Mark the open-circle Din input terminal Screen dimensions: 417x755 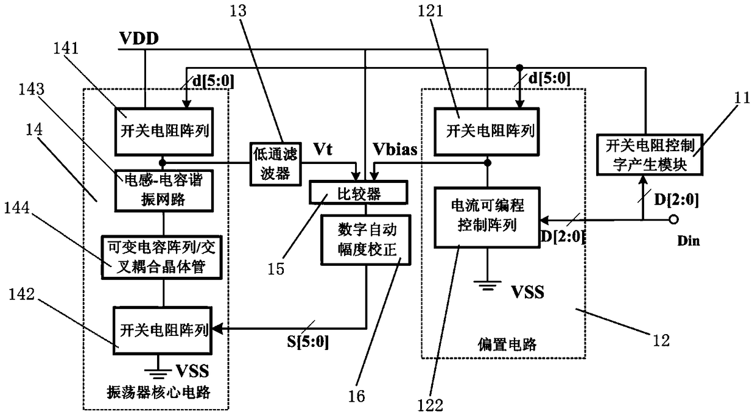[673, 219]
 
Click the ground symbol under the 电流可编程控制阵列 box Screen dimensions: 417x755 [487, 284]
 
